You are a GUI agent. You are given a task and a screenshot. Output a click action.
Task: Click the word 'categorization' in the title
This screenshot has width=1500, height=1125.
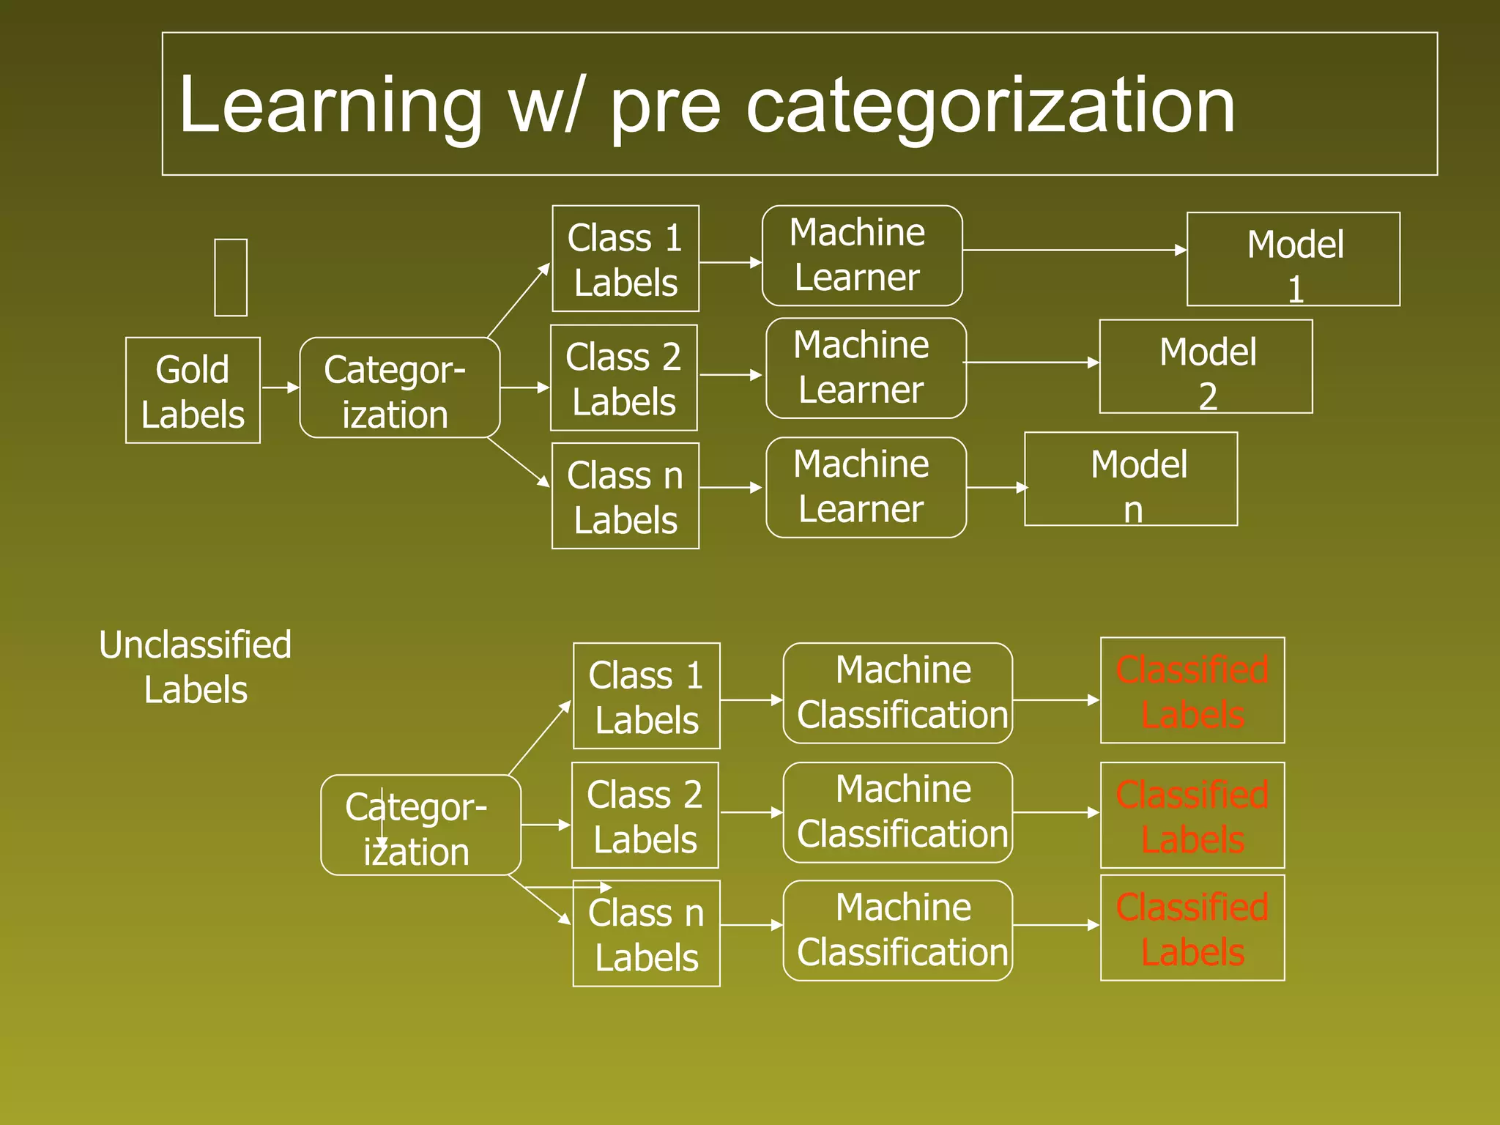(x=990, y=106)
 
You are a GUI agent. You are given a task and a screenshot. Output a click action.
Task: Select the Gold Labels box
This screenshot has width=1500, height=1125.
(x=193, y=390)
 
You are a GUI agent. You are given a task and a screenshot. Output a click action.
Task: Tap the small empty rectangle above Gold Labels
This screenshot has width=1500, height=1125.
(x=231, y=278)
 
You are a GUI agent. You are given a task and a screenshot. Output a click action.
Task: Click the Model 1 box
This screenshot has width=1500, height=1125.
(x=1293, y=259)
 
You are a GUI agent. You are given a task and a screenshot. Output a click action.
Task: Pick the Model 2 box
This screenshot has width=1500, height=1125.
(x=1206, y=367)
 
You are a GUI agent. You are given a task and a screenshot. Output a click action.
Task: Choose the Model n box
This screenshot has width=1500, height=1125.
(x=1131, y=479)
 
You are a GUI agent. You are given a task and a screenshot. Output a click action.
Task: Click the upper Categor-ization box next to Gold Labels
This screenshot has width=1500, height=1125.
(x=399, y=388)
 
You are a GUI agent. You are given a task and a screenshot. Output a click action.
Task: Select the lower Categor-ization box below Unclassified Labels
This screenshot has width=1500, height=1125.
(x=420, y=825)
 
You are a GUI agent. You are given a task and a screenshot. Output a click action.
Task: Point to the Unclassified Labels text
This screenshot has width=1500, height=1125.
(x=196, y=667)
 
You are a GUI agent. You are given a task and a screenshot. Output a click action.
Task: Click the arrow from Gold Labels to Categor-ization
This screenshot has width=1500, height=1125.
(x=280, y=387)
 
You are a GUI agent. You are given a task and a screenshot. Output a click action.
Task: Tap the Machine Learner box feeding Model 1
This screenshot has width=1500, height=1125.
(x=862, y=256)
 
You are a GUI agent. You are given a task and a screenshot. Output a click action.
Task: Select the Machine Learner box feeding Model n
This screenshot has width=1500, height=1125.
(x=866, y=488)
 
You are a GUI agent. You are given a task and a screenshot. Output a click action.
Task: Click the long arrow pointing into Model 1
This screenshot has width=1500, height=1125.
(x=1074, y=250)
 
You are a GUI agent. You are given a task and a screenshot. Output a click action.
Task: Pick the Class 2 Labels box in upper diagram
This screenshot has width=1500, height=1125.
(x=624, y=378)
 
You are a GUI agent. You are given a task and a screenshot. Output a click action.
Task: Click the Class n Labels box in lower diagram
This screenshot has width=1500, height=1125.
(x=646, y=934)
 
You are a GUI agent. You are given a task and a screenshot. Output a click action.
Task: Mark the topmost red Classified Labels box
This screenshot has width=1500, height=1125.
(x=1192, y=691)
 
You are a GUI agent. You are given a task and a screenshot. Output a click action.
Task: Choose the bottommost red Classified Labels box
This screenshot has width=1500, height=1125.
(x=1192, y=928)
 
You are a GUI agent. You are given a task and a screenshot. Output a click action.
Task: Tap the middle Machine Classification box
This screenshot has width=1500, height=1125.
(x=898, y=813)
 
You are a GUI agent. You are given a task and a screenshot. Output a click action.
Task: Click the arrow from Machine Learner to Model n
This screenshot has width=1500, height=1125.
(x=996, y=488)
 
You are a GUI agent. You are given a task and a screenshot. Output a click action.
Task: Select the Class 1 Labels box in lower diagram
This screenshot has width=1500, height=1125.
(x=646, y=697)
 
